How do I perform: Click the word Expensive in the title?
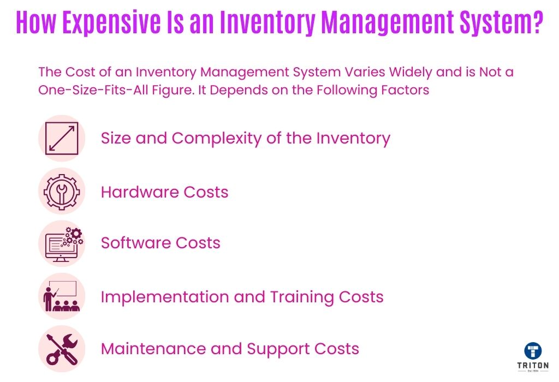click(x=111, y=23)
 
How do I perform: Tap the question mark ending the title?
click(x=536, y=22)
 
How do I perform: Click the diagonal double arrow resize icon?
click(x=62, y=138)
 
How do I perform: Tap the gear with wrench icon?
click(x=62, y=192)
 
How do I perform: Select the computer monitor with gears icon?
click(x=64, y=244)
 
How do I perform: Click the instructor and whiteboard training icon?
click(x=61, y=296)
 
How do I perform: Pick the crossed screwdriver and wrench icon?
click(x=62, y=349)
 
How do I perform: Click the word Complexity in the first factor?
click(x=217, y=139)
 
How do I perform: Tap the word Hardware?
click(x=140, y=192)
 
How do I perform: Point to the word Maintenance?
click(x=153, y=349)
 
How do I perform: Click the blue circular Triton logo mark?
click(x=533, y=351)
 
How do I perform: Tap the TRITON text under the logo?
click(x=533, y=366)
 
